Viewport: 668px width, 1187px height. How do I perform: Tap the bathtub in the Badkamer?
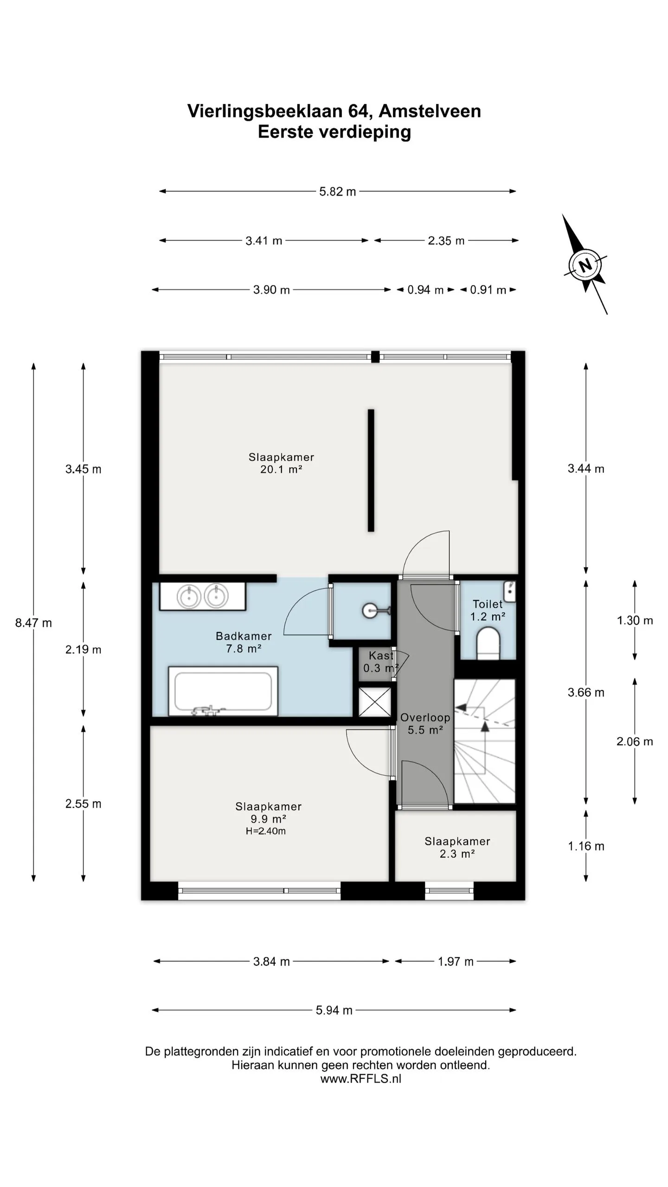[223, 691]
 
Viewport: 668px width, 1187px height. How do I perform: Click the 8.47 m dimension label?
[33, 623]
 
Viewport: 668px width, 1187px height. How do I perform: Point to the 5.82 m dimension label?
[337, 191]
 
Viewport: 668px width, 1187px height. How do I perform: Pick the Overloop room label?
[425, 724]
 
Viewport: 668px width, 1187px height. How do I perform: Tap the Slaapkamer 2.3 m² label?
[457, 848]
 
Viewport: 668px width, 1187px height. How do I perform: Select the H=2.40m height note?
[266, 831]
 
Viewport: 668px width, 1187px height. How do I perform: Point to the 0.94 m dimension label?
[425, 290]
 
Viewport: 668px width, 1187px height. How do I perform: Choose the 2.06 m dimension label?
[635, 741]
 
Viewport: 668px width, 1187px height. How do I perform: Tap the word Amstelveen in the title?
[430, 111]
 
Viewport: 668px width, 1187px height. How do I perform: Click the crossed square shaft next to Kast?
[375, 701]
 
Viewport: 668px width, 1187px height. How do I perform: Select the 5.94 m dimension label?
[334, 1010]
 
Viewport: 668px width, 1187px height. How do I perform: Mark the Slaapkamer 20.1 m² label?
[282, 463]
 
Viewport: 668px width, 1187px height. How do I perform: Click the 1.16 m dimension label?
[586, 846]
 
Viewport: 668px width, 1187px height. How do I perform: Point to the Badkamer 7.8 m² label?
[244, 642]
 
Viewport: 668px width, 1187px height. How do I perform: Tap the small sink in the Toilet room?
[510, 591]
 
